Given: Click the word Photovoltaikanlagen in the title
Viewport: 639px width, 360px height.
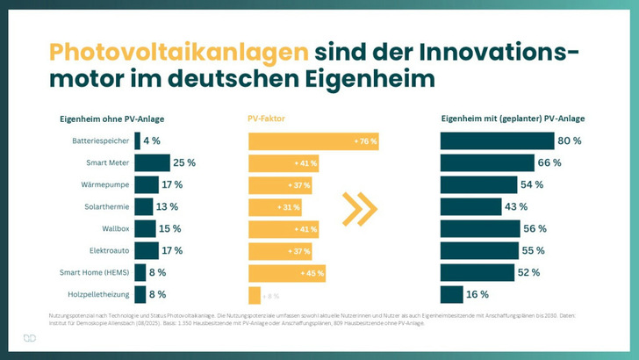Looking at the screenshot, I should pos(178,50).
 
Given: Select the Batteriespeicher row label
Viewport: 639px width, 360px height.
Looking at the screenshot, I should pos(100,140).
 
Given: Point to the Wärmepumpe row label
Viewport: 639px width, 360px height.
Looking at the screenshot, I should pos(104,184).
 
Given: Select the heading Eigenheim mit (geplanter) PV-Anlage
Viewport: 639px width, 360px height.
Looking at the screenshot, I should pos(513,119).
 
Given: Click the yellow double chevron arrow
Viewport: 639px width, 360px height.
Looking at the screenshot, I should pos(360,208).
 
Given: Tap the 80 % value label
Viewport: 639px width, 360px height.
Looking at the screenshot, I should pos(571,140).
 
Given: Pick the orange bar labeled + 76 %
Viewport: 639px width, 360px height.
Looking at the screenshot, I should pos(313,140).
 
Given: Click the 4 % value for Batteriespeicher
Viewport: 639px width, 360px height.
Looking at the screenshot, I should pos(152,140).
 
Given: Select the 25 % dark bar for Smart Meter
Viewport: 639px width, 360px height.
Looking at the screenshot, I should pos(152,162).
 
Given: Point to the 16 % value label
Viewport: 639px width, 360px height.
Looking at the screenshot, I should pos(477,294).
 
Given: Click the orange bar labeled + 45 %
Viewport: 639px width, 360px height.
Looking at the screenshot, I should pos(286,272).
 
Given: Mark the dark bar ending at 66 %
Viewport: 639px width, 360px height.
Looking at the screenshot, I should pos(487,162).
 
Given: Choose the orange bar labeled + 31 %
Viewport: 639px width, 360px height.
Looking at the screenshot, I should pos(275,206).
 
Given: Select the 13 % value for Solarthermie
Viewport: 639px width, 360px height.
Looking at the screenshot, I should pos(167,206).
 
